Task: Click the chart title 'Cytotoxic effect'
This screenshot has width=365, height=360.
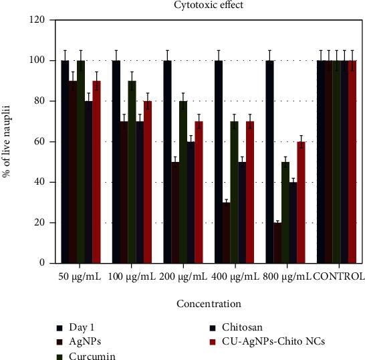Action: pyautogui.click(x=209, y=6)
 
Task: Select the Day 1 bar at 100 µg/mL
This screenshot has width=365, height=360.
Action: pyautogui.click(x=116, y=161)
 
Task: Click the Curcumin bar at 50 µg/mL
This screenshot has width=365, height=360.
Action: pyautogui.click(x=81, y=161)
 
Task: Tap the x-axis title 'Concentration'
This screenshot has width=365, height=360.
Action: pyautogui.click(x=209, y=304)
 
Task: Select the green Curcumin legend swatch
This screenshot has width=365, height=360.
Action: pyautogui.click(x=61, y=355)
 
